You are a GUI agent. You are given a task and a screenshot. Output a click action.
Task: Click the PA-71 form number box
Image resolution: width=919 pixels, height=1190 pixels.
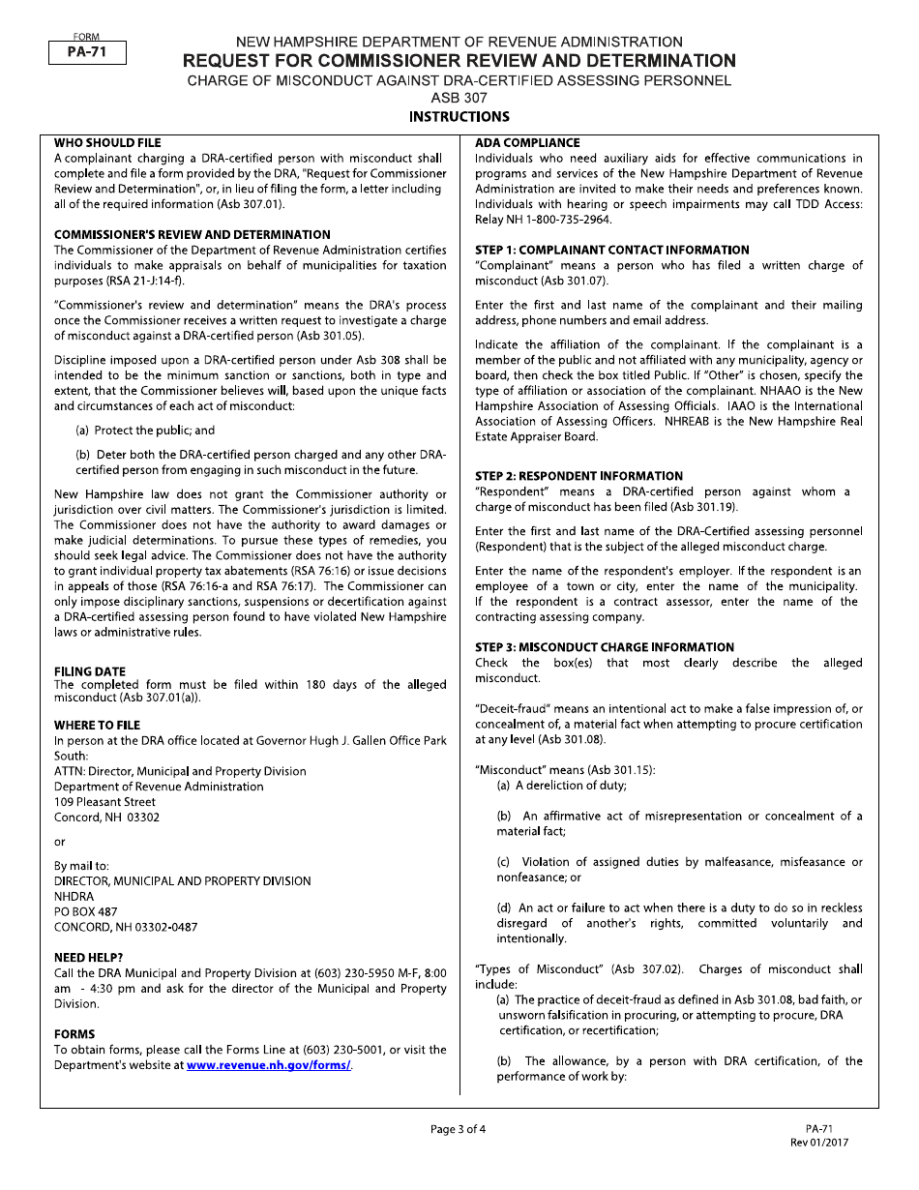pyautogui.click(x=87, y=54)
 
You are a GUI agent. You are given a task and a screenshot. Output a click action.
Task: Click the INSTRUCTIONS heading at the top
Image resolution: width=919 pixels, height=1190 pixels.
pyautogui.click(x=459, y=117)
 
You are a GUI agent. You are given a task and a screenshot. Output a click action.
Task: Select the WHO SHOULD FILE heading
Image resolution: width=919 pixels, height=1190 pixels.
pyautogui.click(x=107, y=142)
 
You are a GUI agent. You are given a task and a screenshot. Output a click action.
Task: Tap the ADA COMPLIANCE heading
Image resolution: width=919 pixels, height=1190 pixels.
pyautogui.click(x=527, y=142)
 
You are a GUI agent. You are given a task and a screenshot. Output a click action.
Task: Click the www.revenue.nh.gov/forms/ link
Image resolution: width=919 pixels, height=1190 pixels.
pyautogui.click(x=268, y=1065)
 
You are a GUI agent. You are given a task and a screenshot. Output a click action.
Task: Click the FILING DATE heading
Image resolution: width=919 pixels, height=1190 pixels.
pyautogui.click(x=90, y=671)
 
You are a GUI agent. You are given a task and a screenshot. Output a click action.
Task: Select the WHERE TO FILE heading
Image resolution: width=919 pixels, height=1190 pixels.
pyautogui.click(x=97, y=725)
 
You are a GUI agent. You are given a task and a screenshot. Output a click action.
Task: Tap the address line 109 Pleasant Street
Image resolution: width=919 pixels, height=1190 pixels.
pyautogui.click(x=104, y=802)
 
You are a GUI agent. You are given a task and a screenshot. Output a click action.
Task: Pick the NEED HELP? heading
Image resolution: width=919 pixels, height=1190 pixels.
pyautogui.click(x=88, y=958)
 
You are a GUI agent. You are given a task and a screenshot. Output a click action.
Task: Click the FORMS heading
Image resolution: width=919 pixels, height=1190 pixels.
pyautogui.click(x=74, y=1034)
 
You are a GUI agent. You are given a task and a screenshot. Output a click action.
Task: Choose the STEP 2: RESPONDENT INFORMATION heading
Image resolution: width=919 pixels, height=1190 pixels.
pyautogui.click(x=578, y=476)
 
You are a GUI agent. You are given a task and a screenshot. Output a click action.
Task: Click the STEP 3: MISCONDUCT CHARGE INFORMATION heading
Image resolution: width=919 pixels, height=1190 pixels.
pyautogui.click(x=605, y=647)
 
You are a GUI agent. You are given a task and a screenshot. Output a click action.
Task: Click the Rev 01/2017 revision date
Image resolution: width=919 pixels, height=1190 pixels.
pyautogui.click(x=819, y=1142)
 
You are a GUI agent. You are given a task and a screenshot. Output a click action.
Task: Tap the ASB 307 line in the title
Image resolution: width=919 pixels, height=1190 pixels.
pyautogui.click(x=459, y=98)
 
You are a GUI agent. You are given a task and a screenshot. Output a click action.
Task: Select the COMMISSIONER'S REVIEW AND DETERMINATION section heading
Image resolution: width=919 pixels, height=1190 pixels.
pyautogui.click(x=192, y=234)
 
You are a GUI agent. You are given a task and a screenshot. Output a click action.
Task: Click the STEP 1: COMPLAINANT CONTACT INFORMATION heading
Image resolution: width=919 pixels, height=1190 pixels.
pyautogui.click(x=611, y=250)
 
